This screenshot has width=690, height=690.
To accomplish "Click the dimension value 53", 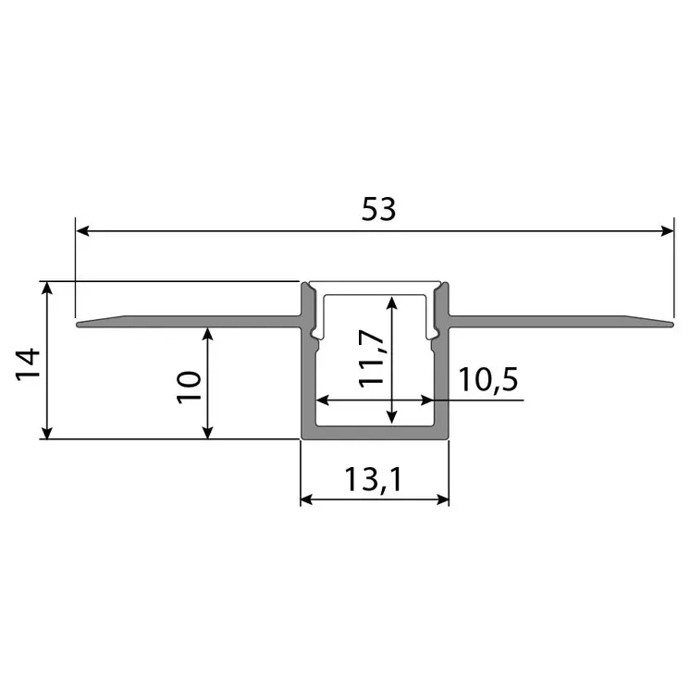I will click(x=378, y=209).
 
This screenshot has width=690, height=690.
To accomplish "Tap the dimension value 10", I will click(x=189, y=384).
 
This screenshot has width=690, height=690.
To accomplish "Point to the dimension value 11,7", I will click(x=371, y=361).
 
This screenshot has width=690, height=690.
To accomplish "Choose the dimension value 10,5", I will click(x=487, y=380).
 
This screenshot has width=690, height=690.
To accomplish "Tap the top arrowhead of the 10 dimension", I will click(x=209, y=333).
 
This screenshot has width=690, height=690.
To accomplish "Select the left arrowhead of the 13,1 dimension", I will click(x=308, y=499).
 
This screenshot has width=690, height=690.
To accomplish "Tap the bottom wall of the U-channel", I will click(x=375, y=433).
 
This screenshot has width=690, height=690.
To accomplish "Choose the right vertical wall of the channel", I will click(x=442, y=388).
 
